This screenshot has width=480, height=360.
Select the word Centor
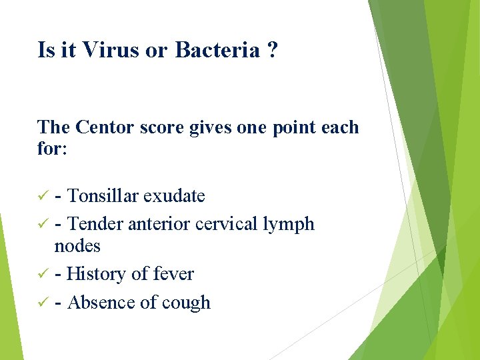[x=106, y=127]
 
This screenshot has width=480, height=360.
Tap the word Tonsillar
[x=103, y=196]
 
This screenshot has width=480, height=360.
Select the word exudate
[x=174, y=196]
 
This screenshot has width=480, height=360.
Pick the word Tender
[x=96, y=224]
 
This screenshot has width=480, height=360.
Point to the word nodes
[x=77, y=246]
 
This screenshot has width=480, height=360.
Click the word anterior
[x=159, y=224]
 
